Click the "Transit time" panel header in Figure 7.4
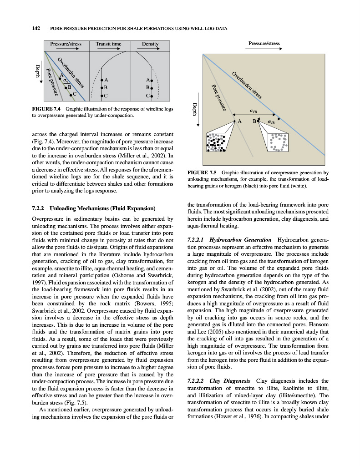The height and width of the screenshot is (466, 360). pyautogui.click(x=108, y=44)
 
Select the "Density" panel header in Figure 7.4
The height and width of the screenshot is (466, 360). pyautogui.click(x=150, y=44)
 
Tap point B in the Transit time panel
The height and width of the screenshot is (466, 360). pyautogui.click(x=101, y=87)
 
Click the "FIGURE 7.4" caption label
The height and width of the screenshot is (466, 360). pyautogui.click(x=47, y=109)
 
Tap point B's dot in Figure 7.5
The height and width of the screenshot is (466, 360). pyautogui.click(x=258, y=122)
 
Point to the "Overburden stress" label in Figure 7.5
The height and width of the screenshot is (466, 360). pyautogui.click(x=247, y=85)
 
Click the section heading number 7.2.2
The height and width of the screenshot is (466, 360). pyautogui.click(x=39, y=208)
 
